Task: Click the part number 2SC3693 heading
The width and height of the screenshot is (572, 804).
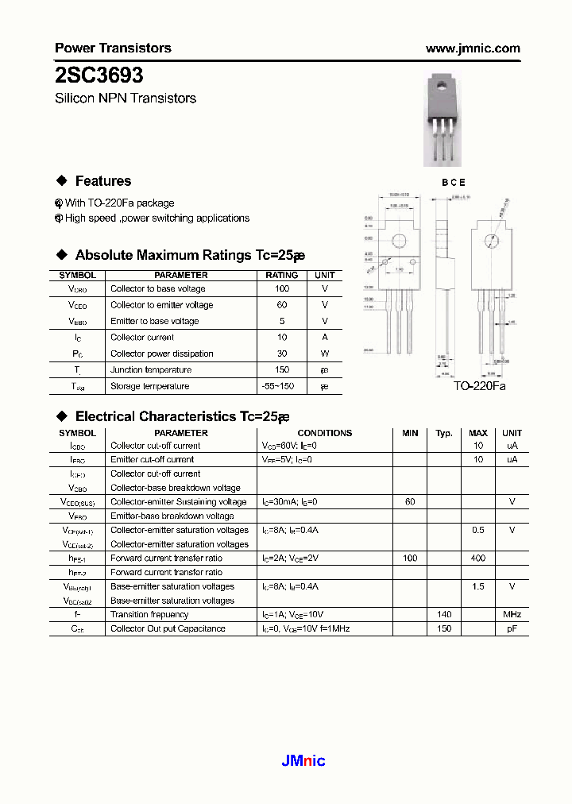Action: coord(99,75)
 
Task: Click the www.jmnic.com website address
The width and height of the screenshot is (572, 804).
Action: coord(473,48)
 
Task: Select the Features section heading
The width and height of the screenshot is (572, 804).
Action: coord(102,181)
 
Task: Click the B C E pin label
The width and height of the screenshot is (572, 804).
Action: coord(454,183)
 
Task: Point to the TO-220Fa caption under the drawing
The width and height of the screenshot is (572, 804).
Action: coord(479,385)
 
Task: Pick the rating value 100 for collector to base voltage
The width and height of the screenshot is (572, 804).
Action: coord(282,289)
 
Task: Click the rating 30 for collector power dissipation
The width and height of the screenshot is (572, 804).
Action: coord(282,354)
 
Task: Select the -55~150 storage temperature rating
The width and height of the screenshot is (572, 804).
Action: coord(282,386)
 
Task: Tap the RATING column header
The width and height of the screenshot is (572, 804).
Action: coord(282,275)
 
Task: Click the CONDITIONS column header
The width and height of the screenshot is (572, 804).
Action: coord(324,433)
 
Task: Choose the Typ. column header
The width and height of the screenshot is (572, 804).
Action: coord(444,433)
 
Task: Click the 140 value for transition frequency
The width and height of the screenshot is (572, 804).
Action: coord(444,614)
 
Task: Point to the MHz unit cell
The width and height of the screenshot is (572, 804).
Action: coord(512,614)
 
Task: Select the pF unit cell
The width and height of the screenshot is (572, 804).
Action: coord(512,628)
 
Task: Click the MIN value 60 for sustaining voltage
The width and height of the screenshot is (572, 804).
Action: coord(410,502)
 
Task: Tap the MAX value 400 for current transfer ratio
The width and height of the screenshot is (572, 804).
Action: coord(477,559)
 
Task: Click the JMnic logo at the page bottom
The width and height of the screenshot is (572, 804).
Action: coord(303,761)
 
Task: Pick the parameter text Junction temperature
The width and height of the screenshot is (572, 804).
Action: coord(151,369)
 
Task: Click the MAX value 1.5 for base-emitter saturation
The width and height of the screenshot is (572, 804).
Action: coord(477,586)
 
